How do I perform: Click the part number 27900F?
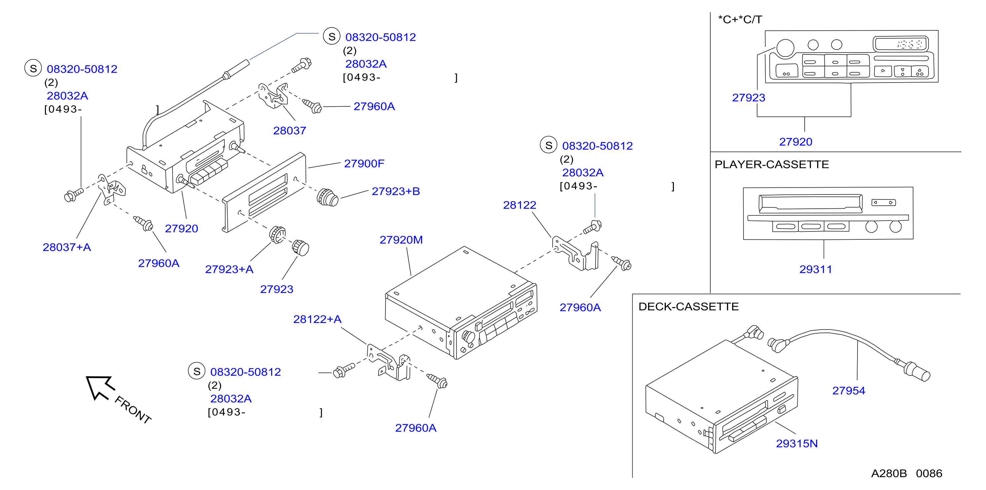364,164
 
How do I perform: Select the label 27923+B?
396,191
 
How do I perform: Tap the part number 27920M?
401,240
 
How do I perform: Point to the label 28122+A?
317,319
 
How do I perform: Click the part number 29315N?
797,443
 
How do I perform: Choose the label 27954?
849,391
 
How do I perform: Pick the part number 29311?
816,269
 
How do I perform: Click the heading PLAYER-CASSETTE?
772,164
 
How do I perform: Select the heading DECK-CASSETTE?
689,307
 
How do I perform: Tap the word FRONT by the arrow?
133,410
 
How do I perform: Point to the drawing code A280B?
889,473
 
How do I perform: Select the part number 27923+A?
229,269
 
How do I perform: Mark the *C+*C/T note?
740,19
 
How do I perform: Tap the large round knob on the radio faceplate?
785,48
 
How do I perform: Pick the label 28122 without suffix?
519,205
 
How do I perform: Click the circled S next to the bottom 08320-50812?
197,371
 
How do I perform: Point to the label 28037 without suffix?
289,131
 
